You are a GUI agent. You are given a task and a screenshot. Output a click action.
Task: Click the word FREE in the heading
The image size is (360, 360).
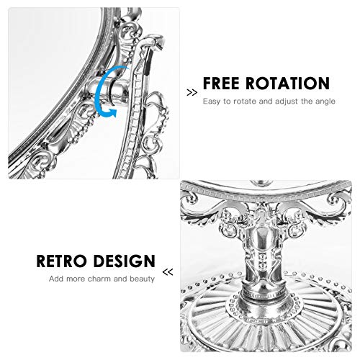pos(221,84)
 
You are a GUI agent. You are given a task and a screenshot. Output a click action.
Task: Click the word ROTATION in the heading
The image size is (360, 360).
pos(287,84)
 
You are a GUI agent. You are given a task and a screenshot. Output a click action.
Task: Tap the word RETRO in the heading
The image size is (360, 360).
pos(61,261)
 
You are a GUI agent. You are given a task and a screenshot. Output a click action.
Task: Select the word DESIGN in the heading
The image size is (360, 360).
pos(124,261)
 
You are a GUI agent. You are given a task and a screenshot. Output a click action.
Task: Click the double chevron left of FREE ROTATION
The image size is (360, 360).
pos(192,93)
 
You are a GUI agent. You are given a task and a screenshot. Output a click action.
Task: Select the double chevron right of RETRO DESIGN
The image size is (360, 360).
pos(168,272)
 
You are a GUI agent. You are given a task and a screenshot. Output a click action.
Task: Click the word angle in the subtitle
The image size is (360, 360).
pos(325,102)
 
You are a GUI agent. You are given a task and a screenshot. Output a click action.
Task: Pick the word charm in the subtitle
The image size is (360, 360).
pos(99,279)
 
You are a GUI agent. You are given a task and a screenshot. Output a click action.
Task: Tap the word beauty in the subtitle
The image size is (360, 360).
pos(143,279)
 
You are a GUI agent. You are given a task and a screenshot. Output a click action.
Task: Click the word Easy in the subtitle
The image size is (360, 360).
pos(212,102)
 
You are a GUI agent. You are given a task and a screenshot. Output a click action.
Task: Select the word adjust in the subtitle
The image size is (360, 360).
pos(287,102)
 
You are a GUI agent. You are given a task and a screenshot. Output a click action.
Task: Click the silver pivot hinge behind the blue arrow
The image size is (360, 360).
pos(106,90)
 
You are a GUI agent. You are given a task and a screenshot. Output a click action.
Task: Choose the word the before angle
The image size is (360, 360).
pos(307,102)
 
